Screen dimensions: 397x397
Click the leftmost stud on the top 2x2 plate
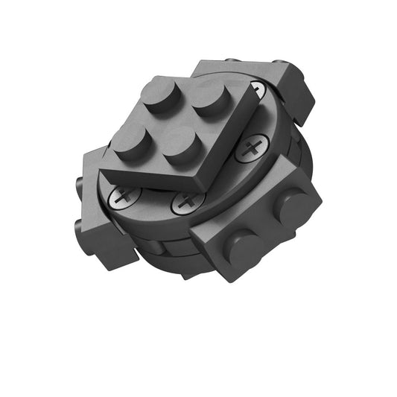pos(132,146)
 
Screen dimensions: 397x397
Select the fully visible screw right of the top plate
pos(253,145)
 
